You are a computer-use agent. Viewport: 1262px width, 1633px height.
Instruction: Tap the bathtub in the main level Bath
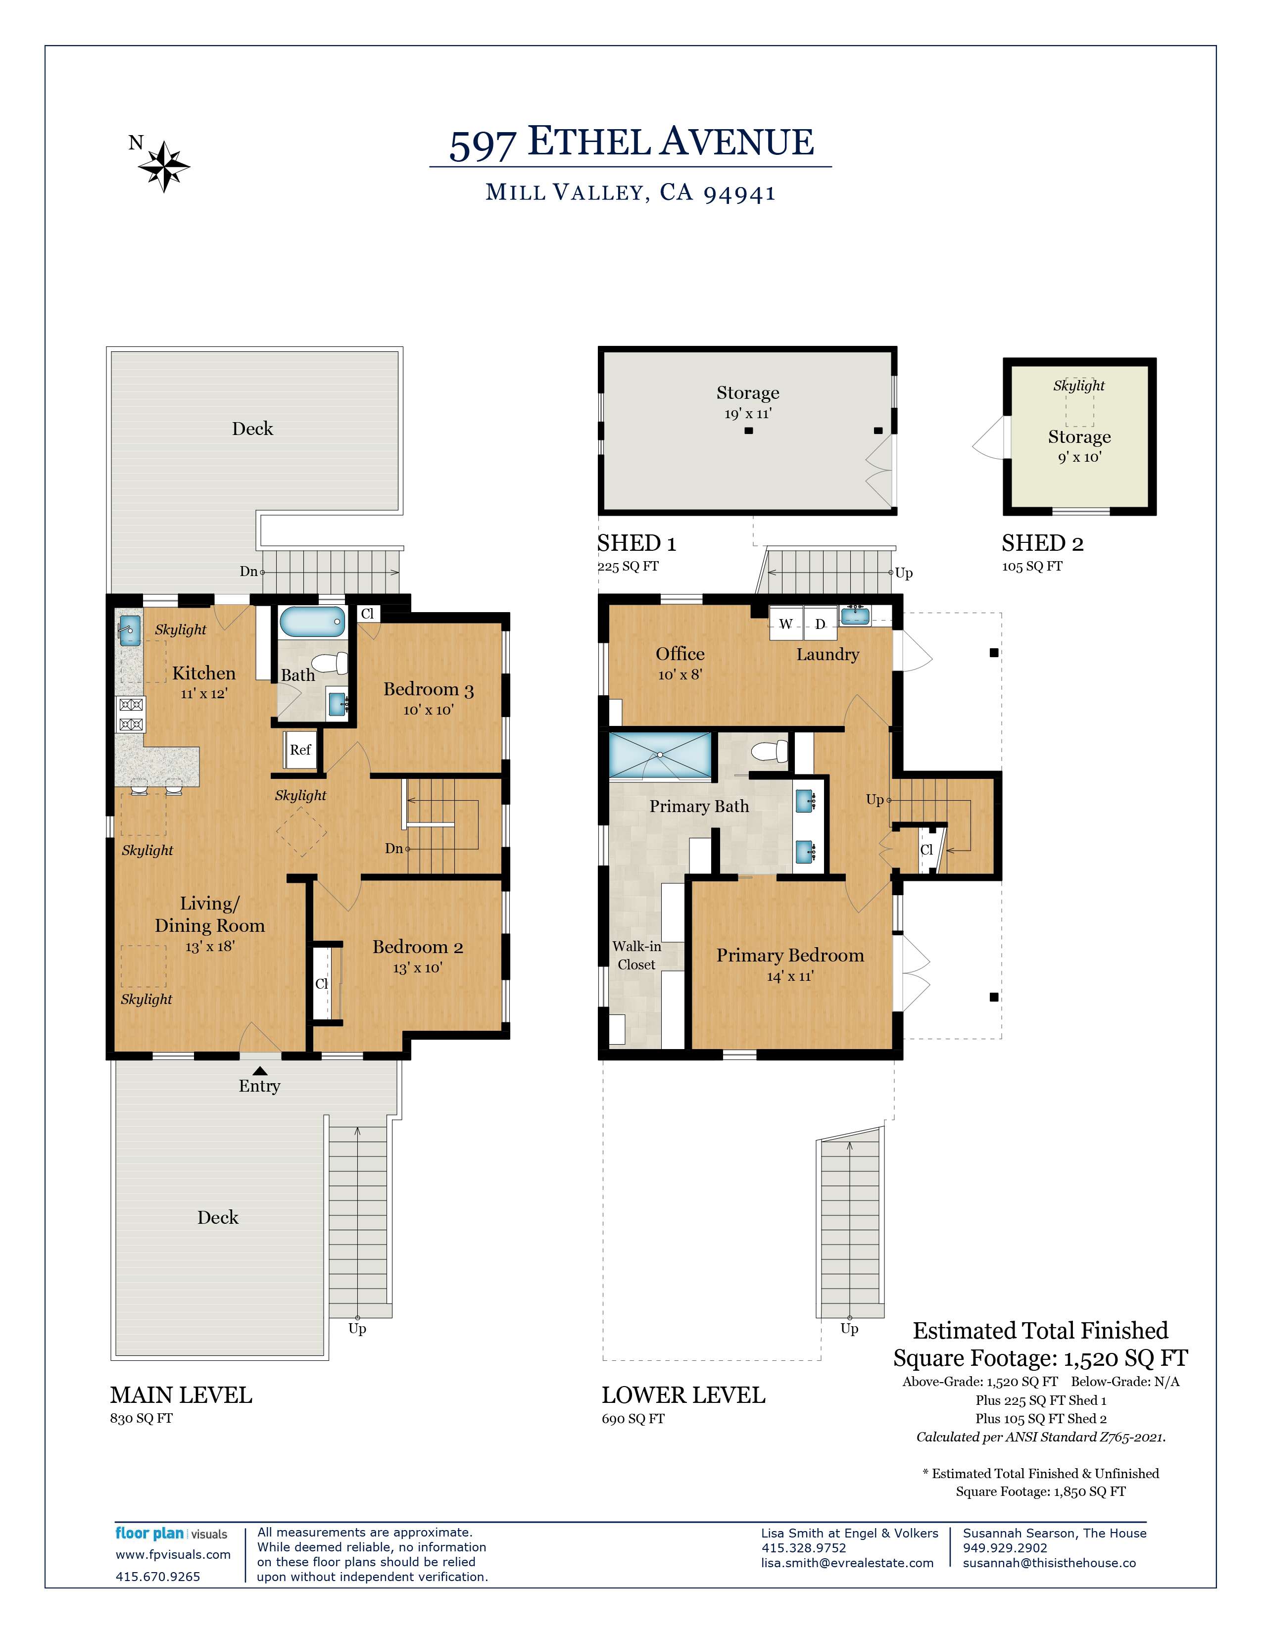coord(312,622)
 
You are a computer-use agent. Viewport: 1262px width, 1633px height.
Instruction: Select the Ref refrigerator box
coord(300,750)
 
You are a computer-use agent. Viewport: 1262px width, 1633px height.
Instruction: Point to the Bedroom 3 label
coord(429,689)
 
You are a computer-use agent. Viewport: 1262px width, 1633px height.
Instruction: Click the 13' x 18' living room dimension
coord(210,947)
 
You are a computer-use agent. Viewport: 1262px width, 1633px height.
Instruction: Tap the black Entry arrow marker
coord(259,1071)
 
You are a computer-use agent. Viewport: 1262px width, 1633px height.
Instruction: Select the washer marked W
coord(786,624)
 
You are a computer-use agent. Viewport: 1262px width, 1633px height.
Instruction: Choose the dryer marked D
coord(820,624)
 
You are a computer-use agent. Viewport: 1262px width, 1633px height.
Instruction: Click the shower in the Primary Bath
coord(660,756)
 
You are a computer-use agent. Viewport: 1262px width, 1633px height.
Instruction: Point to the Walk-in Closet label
coord(636,956)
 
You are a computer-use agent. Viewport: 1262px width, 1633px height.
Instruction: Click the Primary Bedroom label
coord(790,956)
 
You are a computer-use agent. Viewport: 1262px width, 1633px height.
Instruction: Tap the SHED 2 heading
coord(1042,543)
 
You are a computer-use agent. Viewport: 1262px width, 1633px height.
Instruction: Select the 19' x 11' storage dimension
coord(748,414)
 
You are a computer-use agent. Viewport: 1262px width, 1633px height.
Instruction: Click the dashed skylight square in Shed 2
coord(1079,411)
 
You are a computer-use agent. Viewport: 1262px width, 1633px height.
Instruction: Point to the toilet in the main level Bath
coord(331,663)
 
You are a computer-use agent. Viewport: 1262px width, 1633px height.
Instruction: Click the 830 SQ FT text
coord(142,1418)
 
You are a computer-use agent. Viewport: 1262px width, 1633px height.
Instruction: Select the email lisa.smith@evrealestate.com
coord(847,1563)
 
